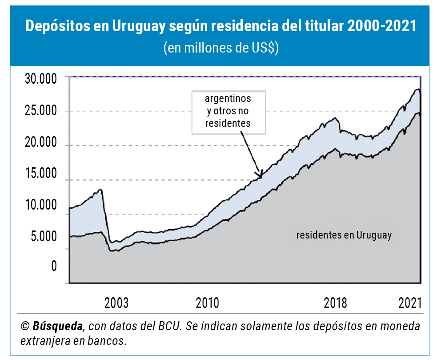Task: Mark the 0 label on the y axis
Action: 54,267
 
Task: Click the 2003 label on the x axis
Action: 116,303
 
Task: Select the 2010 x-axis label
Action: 207,303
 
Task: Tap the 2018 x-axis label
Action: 335,303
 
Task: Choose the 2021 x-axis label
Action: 409,303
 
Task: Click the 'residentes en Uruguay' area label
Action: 344,235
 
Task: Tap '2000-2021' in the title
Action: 382,26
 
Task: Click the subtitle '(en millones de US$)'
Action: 221,48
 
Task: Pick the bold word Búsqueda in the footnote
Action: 58,326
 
